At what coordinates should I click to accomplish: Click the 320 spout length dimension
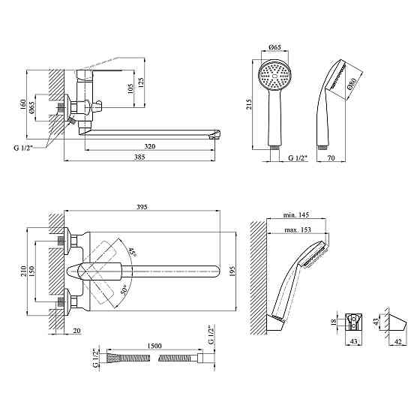coord(150,146)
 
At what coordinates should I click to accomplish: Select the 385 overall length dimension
coord(139,157)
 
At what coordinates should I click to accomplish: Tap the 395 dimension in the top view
coord(142,207)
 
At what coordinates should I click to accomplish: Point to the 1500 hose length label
coord(154,346)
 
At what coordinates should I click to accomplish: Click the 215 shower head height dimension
coord(249,105)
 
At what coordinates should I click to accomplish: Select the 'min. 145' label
coord(296,214)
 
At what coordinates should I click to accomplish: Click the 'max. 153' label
coord(298,229)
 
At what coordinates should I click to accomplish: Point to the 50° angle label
coord(124,290)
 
